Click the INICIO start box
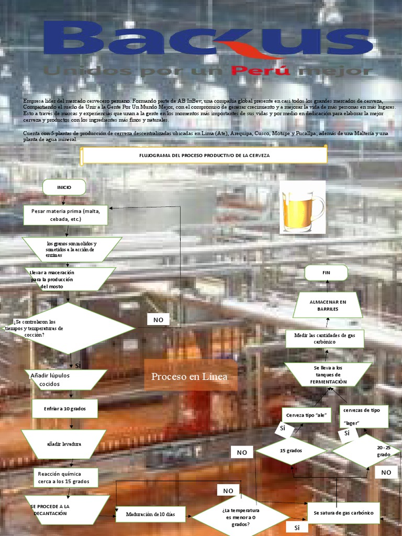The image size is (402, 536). click(64, 187)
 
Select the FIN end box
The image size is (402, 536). click(327, 273)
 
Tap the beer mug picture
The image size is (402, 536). click(303, 207)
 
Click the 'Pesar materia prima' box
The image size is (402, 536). click(66, 215)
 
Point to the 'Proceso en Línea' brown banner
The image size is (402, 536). click(190, 376)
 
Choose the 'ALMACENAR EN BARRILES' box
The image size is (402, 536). click(328, 305)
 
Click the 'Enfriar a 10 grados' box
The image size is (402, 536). click(65, 408)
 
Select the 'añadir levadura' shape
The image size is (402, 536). click(64, 444)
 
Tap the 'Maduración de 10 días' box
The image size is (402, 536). click(150, 515)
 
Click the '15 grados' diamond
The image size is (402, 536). click(291, 451)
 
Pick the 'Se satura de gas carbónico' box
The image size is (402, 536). click(343, 513)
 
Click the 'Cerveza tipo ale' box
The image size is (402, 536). click(306, 415)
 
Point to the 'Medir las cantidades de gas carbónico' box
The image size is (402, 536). click(325, 339)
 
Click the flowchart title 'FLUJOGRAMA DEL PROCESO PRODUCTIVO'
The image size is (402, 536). click(204, 155)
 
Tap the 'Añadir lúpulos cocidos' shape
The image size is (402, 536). click(65, 379)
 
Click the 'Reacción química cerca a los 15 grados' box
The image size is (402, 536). click(65, 477)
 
